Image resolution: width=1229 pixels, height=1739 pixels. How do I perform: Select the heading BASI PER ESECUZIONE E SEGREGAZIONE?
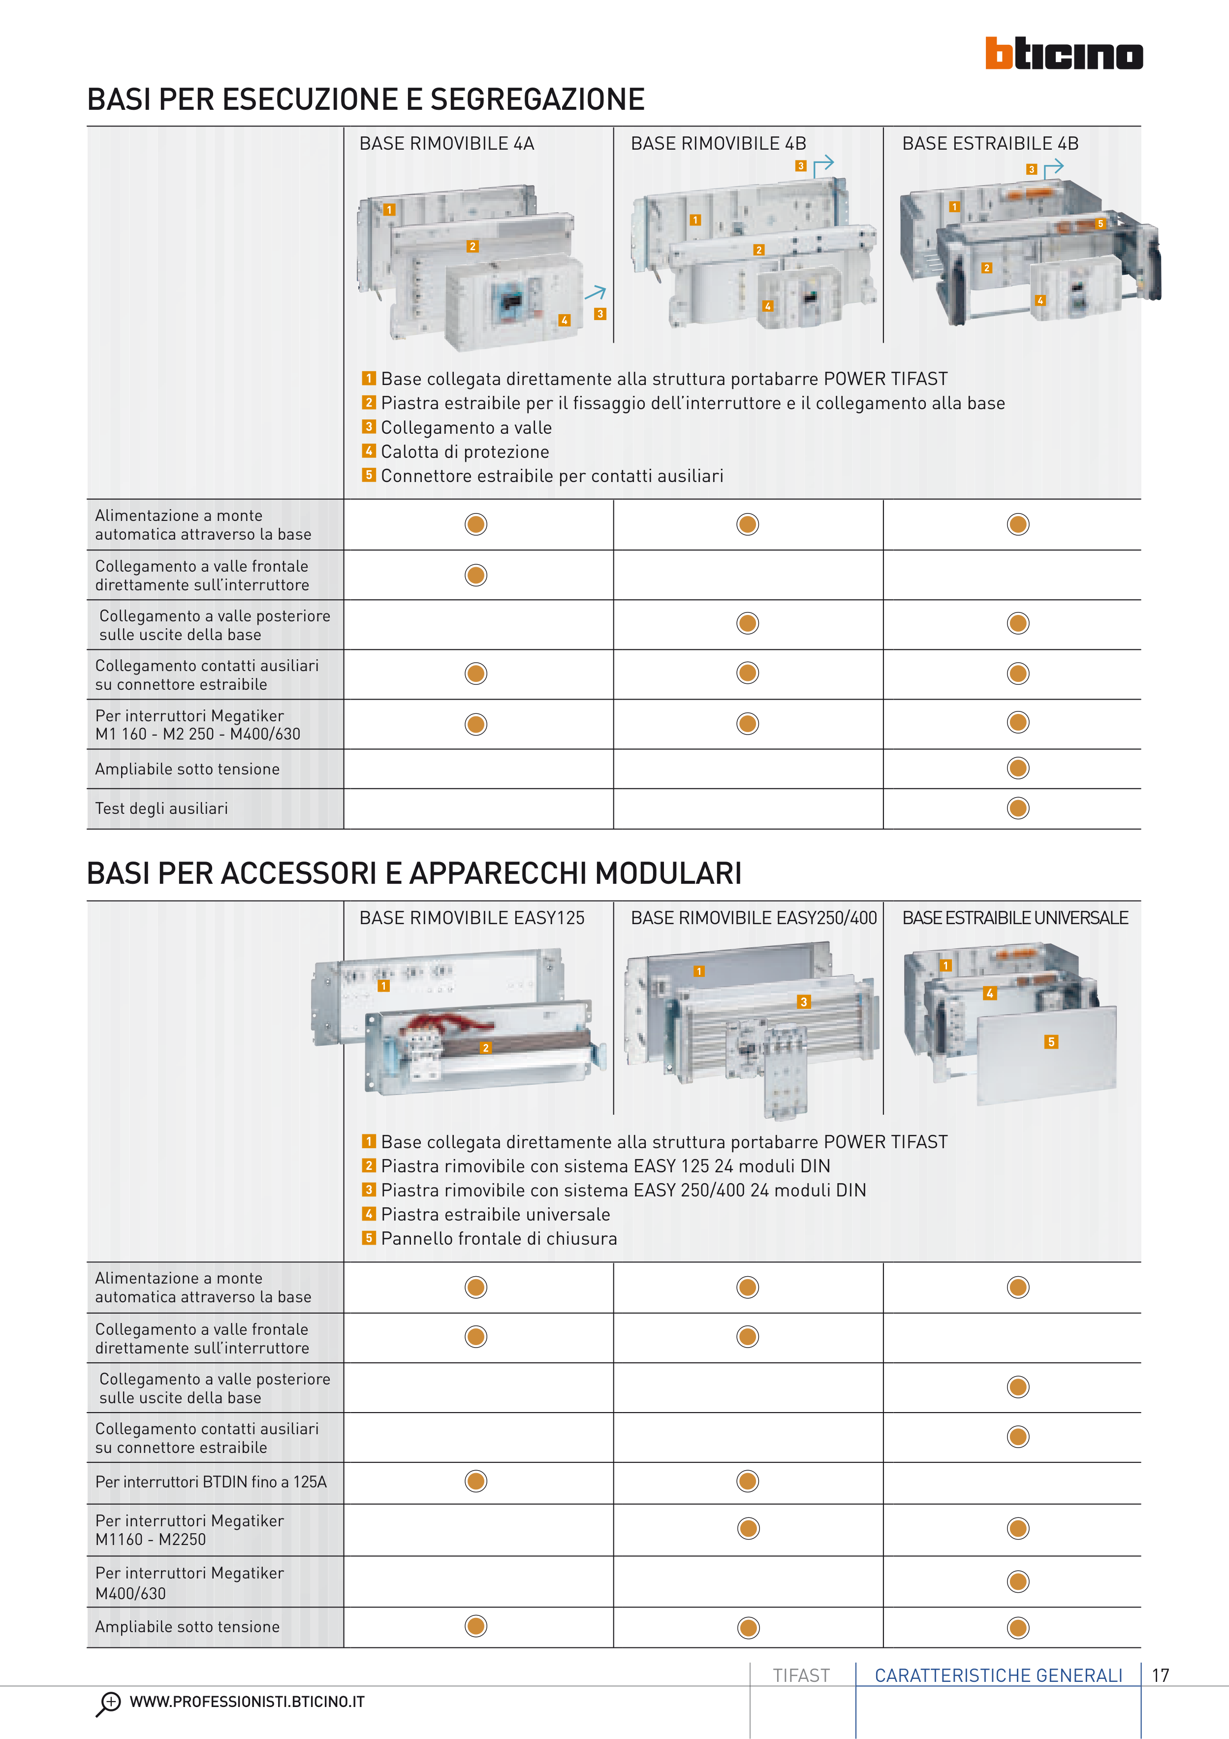366,99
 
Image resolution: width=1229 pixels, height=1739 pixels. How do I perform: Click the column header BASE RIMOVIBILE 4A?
447,143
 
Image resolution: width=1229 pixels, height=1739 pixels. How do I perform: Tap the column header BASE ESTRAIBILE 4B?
990,143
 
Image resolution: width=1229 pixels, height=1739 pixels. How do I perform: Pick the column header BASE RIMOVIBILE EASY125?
472,918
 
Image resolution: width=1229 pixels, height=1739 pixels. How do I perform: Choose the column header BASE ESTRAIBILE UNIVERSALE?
1015,918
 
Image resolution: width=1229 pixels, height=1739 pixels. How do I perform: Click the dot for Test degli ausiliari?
1018,808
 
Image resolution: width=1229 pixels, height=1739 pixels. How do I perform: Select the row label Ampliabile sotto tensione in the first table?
187,769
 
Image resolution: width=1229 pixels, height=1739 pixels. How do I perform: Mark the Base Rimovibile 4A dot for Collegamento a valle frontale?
475,575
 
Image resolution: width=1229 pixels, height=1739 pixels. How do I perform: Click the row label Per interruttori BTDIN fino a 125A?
211,1481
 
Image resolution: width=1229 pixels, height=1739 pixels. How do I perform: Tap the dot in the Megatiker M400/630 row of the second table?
1018,1581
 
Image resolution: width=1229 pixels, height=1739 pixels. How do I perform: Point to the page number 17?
1160,1675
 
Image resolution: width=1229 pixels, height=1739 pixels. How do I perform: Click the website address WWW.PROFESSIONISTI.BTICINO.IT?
247,1702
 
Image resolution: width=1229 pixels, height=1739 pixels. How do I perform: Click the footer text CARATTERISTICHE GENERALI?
998,1675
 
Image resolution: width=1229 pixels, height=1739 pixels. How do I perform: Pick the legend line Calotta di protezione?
464,451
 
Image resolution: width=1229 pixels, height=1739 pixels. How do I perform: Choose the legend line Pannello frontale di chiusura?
498,1238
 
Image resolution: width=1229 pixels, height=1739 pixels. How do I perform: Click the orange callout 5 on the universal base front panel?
1050,1041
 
